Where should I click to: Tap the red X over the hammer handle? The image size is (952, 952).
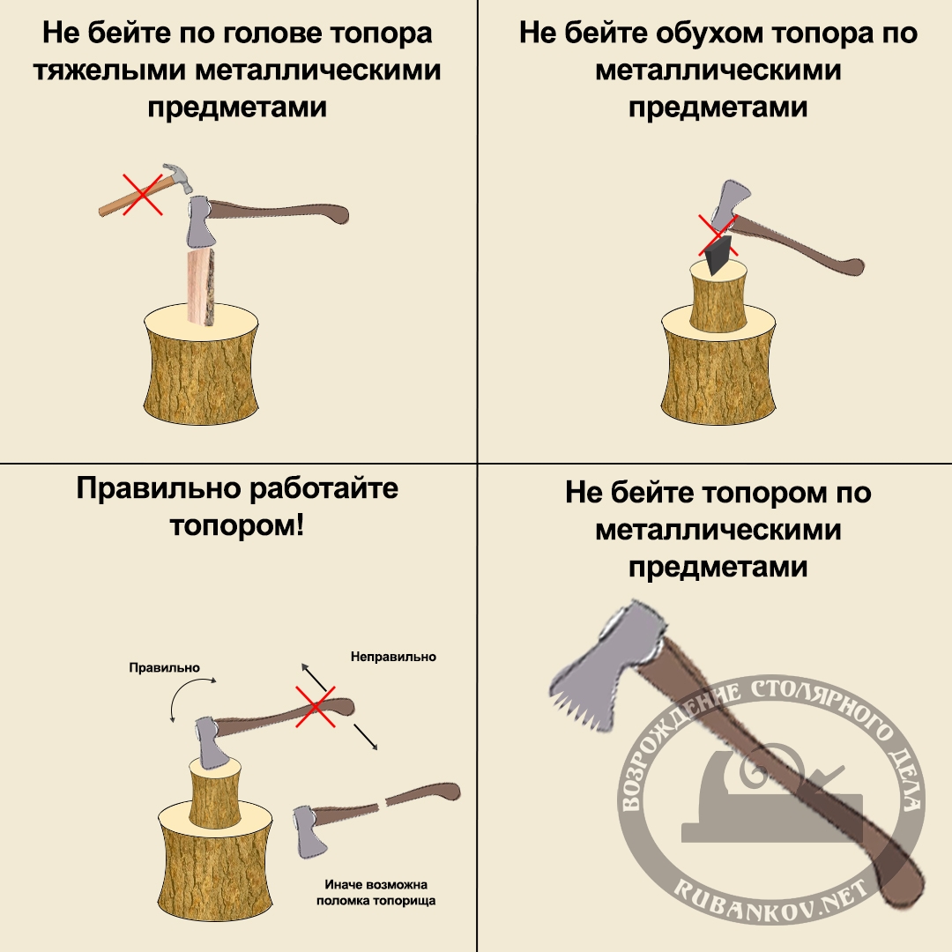[142, 194]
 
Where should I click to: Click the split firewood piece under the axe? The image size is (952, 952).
[201, 286]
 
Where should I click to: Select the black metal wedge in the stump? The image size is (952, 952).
[716, 256]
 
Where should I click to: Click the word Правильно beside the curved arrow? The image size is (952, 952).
[164, 668]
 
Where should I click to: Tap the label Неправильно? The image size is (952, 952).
[393, 657]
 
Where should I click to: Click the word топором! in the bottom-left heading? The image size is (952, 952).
[237, 525]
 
